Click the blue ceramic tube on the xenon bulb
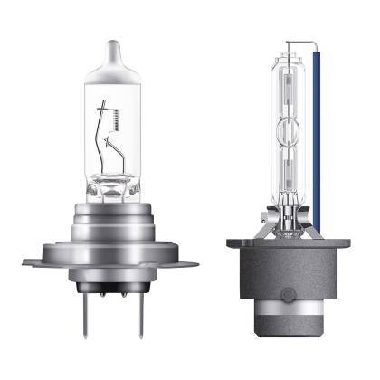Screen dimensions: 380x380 pos(321,136)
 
